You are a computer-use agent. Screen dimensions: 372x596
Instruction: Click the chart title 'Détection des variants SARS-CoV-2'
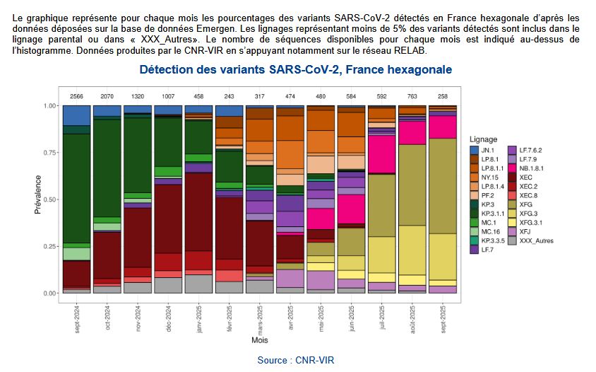pos(295,70)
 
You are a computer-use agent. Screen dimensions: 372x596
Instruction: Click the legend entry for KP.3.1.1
pos(491,214)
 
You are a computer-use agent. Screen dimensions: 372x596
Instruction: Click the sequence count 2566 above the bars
pos(76,95)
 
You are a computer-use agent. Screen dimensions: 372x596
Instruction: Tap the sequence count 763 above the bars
pos(411,95)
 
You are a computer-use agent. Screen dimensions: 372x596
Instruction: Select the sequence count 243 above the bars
pos(229,95)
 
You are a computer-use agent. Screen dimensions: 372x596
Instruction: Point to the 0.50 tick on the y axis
pos(50,199)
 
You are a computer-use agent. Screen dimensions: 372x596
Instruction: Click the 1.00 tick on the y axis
pos(50,106)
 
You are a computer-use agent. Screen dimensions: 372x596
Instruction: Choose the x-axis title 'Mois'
pos(259,340)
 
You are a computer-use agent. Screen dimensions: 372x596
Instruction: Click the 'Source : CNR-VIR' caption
pos(295,361)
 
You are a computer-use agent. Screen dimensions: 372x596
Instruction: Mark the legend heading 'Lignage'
pos(485,140)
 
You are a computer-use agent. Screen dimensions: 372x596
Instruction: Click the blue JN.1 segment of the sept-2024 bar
pos(76,115)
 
